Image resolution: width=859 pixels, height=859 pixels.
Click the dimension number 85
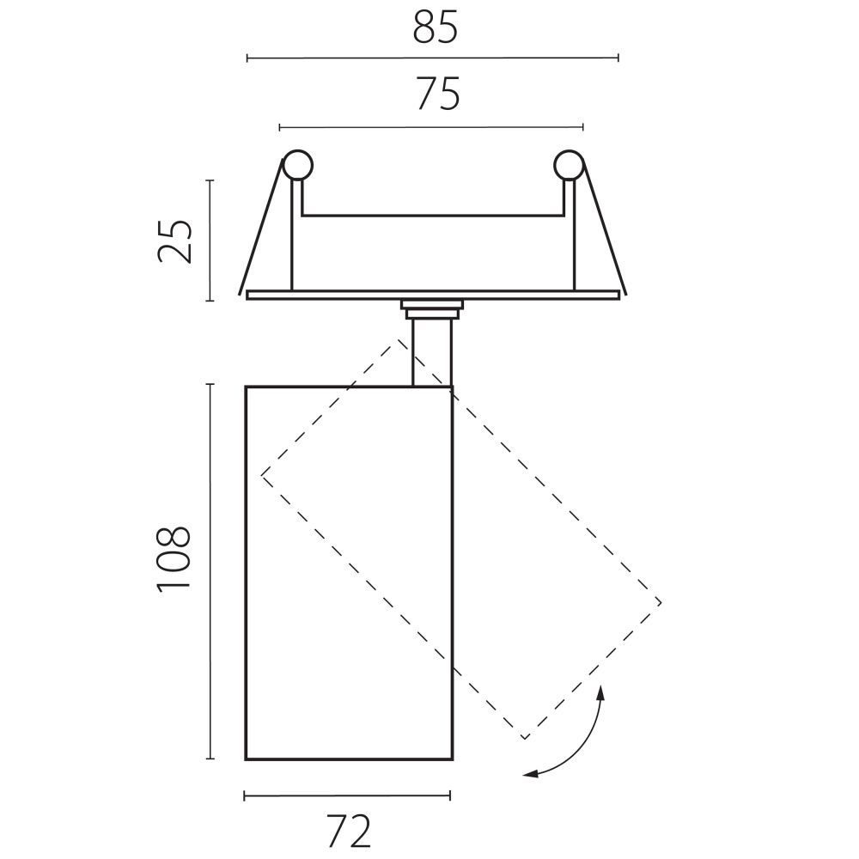tap(435, 28)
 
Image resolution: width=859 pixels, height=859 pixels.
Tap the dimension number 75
tap(438, 94)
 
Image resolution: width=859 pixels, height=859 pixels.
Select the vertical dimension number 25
tap(174, 241)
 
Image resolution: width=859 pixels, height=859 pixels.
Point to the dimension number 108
tap(174, 559)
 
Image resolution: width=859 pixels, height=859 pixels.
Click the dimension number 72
tap(349, 831)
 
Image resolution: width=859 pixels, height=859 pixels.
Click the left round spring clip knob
tap(297, 165)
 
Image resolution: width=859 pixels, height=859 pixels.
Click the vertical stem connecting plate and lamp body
tap(432, 353)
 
